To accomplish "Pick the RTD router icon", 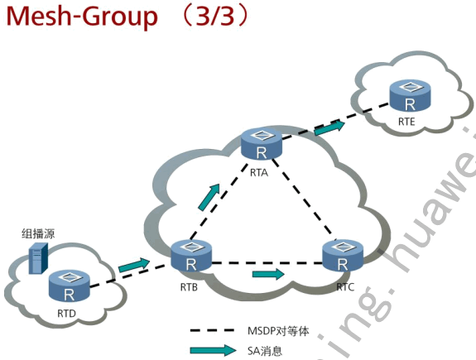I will point(68,286).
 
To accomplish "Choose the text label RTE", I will point(406,122).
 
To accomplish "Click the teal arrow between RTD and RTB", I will point(134,266).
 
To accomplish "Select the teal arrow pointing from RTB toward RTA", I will point(210,198).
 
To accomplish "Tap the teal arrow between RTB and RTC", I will point(268,272).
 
